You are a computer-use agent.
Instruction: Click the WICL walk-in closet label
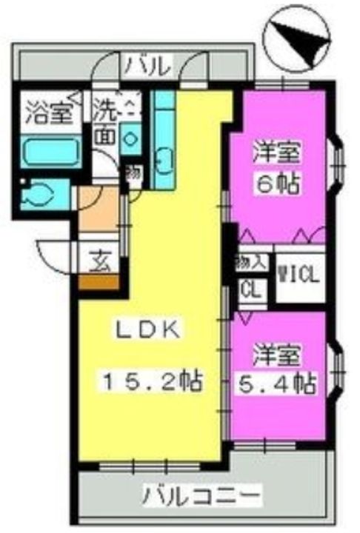(299, 276)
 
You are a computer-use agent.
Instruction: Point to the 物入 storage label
(250, 263)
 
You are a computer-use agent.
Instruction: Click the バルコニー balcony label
(201, 494)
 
